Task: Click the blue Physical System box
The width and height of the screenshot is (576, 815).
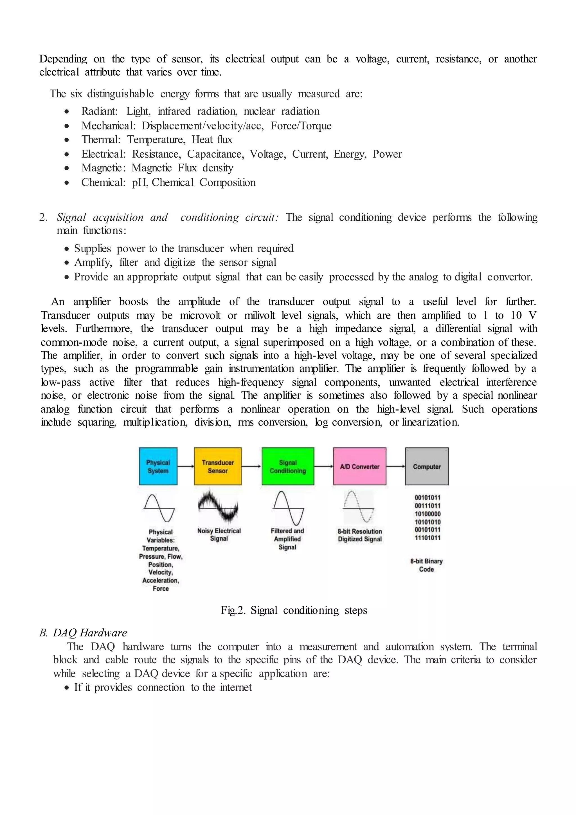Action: click(158, 466)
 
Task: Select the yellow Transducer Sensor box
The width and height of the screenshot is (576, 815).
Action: click(217, 466)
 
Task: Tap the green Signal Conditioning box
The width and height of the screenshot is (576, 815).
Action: click(288, 466)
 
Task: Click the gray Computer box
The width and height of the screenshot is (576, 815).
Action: click(427, 466)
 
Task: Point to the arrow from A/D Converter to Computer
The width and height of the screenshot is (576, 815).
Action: click(395, 466)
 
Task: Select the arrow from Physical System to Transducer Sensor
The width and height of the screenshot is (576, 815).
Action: click(186, 466)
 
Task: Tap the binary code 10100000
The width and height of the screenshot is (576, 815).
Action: click(427, 514)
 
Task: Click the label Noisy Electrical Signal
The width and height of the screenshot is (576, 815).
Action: click(219, 535)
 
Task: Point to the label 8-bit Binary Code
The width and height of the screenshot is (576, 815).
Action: click(426, 565)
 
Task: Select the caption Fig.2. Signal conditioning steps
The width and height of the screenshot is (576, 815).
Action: click(294, 610)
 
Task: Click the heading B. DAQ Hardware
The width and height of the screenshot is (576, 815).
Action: click(83, 633)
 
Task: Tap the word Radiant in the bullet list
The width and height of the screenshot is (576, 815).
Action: click(99, 111)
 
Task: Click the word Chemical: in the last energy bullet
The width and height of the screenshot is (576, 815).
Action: click(103, 182)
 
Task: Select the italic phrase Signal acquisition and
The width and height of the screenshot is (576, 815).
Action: click(112, 217)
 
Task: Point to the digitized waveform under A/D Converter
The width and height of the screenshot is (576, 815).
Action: click(358, 507)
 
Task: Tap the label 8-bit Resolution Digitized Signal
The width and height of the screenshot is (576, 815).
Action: click(360, 535)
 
